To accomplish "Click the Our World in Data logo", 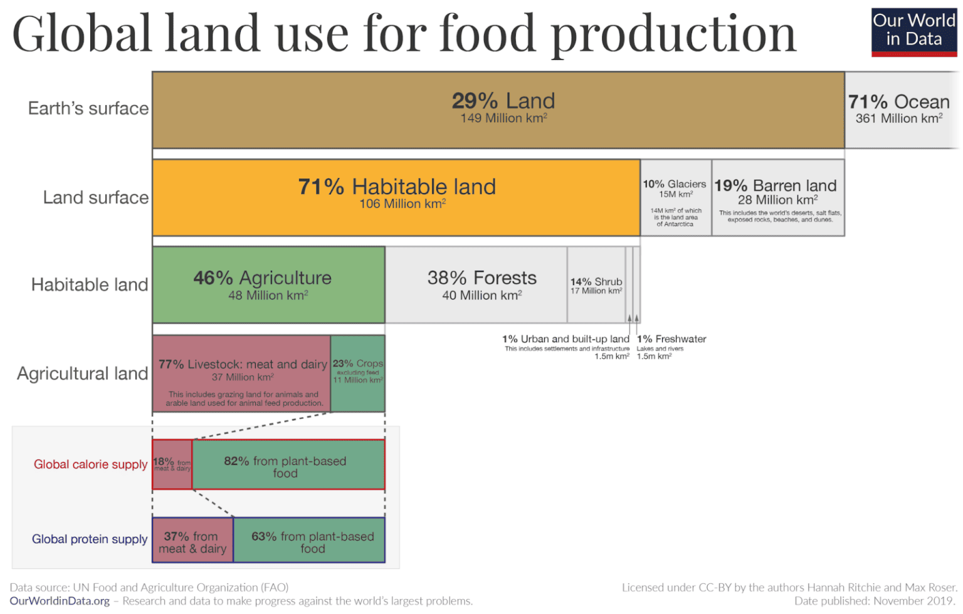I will click(914, 31).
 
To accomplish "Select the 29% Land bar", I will click(498, 110).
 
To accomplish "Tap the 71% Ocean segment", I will click(900, 110).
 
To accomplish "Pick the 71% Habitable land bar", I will click(396, 197).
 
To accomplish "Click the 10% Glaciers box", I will click(675, 197).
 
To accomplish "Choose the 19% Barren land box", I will click(778, 197).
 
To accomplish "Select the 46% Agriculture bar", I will click(268, 284).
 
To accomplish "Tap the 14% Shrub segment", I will click(596, 286).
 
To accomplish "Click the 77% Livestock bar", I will click(241, 373).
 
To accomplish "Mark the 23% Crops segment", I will click(358, 373).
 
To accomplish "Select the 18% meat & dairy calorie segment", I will click(172, 464).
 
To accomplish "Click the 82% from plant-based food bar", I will click(288, 464).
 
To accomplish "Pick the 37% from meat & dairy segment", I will click(192, 540).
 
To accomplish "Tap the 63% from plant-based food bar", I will click(310, 540).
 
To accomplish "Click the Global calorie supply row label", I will click(90, 464).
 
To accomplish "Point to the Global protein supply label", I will click(90, 539).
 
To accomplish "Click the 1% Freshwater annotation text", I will click(671, 339).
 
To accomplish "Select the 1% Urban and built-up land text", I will click(566, 339).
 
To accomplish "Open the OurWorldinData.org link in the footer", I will click(60, 601).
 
